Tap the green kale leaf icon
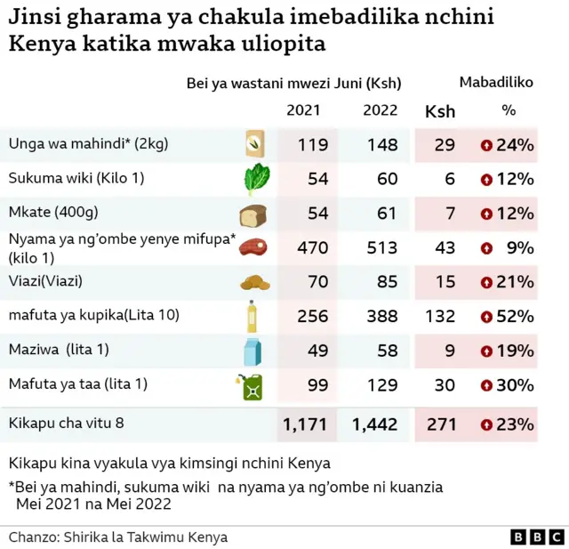coord(255,179)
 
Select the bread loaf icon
coord(253,214)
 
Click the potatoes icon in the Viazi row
coord(253,283)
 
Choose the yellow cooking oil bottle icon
coord(253,316)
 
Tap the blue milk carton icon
coord(253,351)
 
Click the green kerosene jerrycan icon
coord(252,386)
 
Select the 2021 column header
coord(304,110)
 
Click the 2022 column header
coord(381,110)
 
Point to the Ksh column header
coord(440,111)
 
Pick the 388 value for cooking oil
coord(381,316)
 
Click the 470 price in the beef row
coord(312,247)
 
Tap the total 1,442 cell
coord(374,425)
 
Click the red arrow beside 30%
coord(486,385)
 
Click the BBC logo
coord(537,537)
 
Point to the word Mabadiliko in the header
coord(496,83)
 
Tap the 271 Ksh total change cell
coord(441,425)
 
